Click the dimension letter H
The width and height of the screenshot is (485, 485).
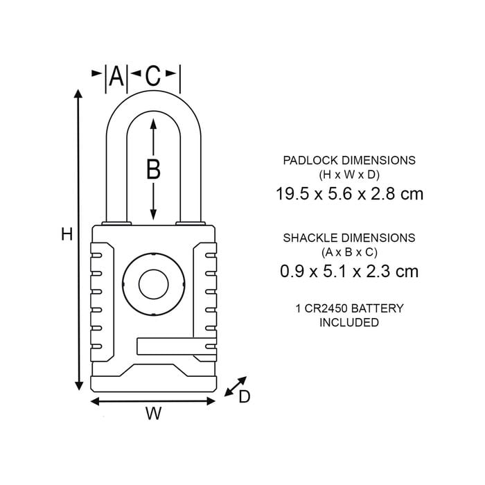(x=67, y=235)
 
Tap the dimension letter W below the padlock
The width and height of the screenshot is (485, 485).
(x=154, y=413)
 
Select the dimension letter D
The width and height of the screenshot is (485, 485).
(x=245, y=396)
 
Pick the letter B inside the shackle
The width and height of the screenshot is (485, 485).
(x=153, y=168)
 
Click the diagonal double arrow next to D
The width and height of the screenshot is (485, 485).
(x=235, y=387)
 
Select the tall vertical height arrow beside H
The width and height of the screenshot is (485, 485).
(x=78, y=239)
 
